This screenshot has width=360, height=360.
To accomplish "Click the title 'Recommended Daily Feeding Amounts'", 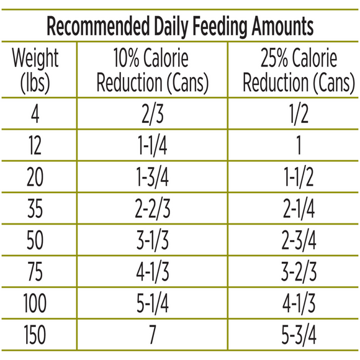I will click(x=180, y=27).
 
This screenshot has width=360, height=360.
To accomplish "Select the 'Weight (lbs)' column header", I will click(x=35, y=71).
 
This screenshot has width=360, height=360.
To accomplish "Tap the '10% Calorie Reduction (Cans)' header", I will click(x=152, y=71).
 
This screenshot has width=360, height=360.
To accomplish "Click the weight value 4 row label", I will click(x=35, y=114).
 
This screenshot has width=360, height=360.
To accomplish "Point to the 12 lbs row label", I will click(x=35, y=146).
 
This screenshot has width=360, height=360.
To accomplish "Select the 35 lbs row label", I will click(x=35, y=209).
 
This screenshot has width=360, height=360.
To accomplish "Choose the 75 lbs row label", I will click(x=35, y=271).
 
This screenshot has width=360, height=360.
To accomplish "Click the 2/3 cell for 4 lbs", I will click(x=152, y=114).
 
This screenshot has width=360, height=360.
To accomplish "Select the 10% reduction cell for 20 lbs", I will click(x=152, y=178).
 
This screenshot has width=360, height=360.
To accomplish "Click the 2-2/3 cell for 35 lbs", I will click(x=152, y=209).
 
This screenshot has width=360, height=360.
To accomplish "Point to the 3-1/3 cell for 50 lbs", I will click(x=152, y=240).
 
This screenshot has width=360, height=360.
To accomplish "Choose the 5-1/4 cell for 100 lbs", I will click(x=152, y=303).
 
